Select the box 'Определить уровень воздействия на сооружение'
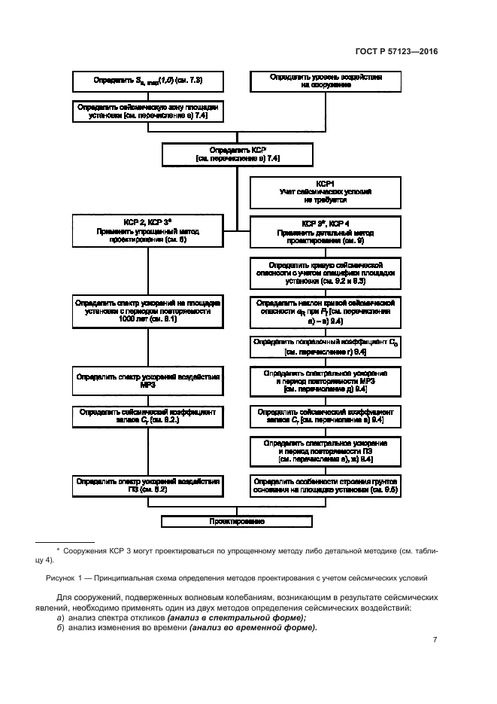(326, 81)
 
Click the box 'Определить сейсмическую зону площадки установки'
(148, 112)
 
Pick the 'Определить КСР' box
(237, 154)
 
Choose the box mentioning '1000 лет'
(147, 311)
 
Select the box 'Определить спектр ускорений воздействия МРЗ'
(147, 381)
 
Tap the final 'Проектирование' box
(237, 520)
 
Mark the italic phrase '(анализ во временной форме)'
(253, 627)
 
